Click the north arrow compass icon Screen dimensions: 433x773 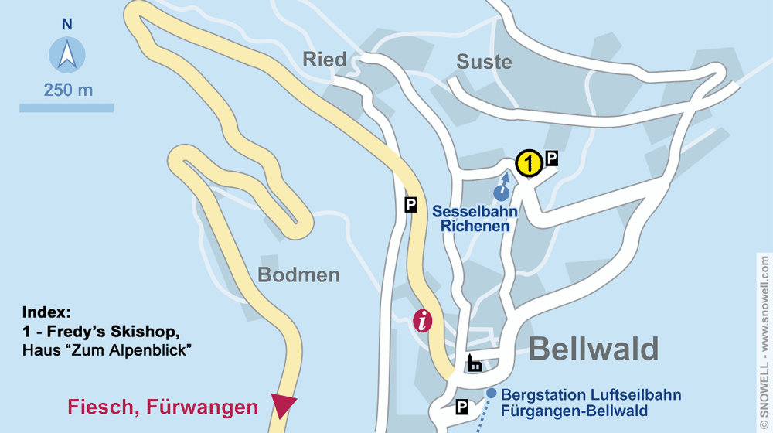pos(67,56)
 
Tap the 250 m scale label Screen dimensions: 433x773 pos(68,90)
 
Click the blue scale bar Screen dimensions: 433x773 pos(66,107)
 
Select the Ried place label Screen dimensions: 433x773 pos(325,60)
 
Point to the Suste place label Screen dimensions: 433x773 pos(484,62)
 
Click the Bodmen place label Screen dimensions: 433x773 pos(298,274)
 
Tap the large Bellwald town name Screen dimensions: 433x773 pos(593,349)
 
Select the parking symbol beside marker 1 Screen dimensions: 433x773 pos(551,158)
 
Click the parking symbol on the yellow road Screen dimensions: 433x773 pos(411,205)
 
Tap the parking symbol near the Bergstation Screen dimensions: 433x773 pos(462,407)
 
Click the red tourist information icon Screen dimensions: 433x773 pos(422,320)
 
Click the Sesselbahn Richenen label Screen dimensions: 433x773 pos(475,219)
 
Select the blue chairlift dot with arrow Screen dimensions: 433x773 pos(502,192)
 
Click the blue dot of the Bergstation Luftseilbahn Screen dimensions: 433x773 pos(492,394)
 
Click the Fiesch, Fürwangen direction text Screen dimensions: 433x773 pos(162,407)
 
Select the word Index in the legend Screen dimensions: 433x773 pos(46,313)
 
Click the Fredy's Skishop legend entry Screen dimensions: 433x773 pos(101,332)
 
